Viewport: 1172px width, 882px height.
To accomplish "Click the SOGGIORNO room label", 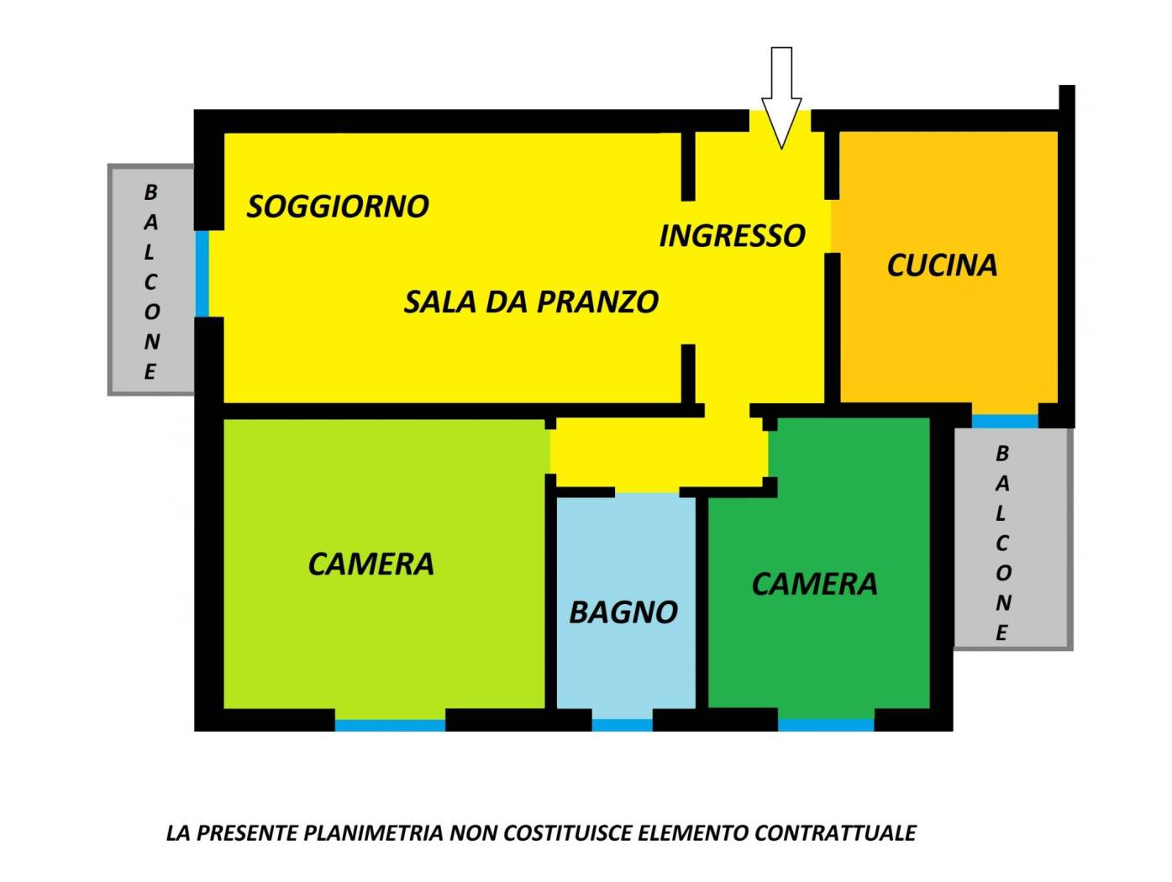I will pos(338,206).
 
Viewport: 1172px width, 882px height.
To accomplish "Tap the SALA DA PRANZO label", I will pos(531,302).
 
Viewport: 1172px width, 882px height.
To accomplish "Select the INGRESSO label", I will pos(732,236).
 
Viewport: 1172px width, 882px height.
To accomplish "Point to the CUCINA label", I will pos(942,265).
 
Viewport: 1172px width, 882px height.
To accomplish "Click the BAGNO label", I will pos(623,612).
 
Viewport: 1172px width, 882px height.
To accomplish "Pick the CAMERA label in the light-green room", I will pos(371,564).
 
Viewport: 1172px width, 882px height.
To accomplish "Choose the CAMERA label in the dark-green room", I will pos(814,584).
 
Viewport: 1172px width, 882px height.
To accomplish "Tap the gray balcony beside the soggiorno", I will pos(151,280).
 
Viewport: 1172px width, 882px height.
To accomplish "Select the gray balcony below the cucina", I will pos(1012,538).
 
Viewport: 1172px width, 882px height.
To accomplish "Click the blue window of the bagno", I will pos(622,724).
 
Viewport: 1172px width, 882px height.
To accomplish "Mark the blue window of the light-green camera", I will pos(390,724).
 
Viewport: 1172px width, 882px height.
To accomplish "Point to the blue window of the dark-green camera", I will pos(826,724).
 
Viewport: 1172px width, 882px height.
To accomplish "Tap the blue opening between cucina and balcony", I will pos(1005,420).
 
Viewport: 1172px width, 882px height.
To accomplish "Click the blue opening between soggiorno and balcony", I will pos(202,274).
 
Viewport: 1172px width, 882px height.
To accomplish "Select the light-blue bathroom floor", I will pos(626,664).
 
